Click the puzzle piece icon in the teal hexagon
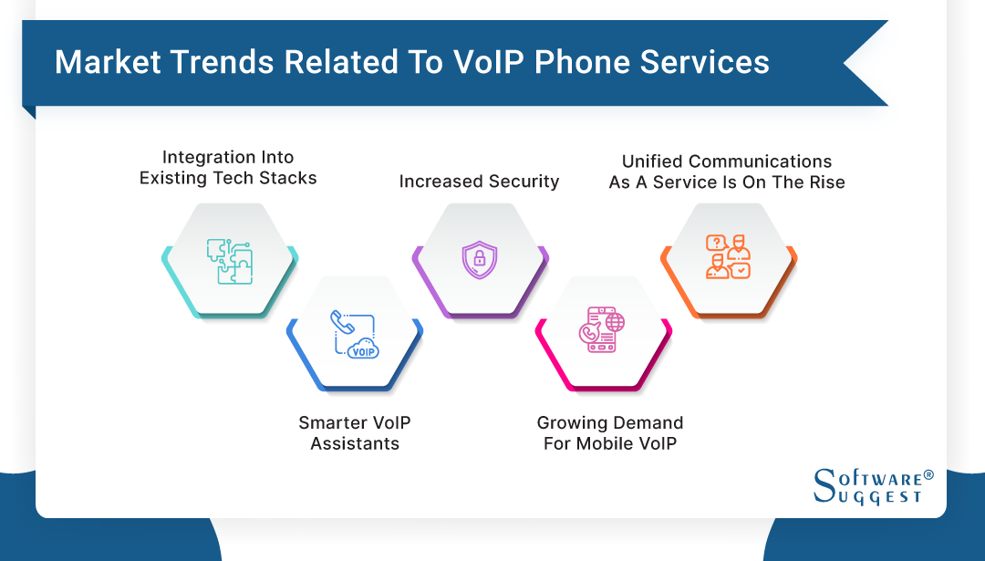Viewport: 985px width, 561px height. (x=228, y=261)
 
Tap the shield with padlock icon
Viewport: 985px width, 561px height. (x=478, y=260)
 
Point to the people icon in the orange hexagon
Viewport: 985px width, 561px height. (x=728, y=258)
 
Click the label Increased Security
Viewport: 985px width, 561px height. (x=479, y=182)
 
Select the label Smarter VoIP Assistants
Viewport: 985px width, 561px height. (x=355, y=433)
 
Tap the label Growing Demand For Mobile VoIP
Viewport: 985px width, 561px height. (x=610, y=433)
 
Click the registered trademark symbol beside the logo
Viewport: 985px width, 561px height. (x=928, y=475)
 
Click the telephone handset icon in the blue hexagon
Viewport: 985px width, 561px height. (x=342, y=322)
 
